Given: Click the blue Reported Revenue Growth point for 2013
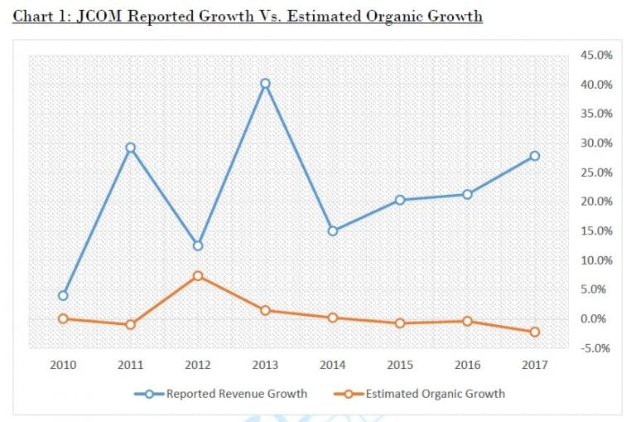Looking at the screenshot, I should (265, 84).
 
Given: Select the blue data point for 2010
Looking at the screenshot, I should (63, 295).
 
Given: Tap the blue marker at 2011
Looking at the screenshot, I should (130, 148).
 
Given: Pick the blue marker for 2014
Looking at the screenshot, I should (332, 230).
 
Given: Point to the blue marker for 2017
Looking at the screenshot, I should (534, 156).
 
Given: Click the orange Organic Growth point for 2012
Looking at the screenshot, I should (198, 276).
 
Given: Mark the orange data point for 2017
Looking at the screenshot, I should (534, 332).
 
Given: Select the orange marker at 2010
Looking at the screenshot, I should (63, 318).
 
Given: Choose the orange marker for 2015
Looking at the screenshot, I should (399, 323).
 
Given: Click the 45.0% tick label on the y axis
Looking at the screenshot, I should (596, 56).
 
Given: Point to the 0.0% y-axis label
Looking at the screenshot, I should (600, 318).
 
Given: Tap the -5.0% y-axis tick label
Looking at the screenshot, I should (598, 347).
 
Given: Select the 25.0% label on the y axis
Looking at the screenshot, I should (596, 172).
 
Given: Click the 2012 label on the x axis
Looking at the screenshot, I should (198, 366).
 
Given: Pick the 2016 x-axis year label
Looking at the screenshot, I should (467, 366).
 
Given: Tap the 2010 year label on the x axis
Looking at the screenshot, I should (63, 366).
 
